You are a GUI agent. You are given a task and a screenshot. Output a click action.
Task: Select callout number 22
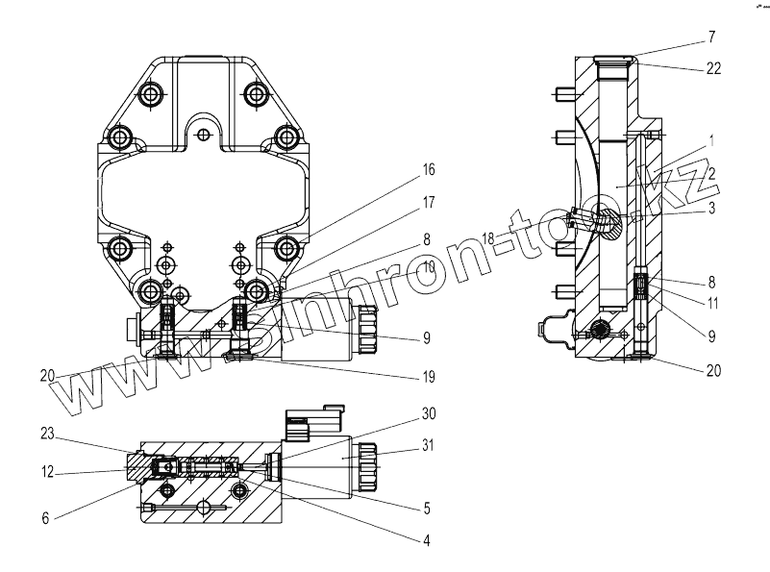[x=712, y=68]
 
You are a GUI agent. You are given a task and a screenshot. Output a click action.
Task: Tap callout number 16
[x=427, y=169]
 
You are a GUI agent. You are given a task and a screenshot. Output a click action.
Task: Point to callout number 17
[x=427, y=204]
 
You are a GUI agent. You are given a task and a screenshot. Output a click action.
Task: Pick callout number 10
[x=427, y=266]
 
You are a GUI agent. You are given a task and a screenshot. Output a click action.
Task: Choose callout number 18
[x=487, y=237]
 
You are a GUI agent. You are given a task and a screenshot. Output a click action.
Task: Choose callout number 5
[x=427, y=508]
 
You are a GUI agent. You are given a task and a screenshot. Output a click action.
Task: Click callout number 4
[x=427, y=541]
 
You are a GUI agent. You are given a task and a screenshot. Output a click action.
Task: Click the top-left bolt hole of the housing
[x=151, y=94]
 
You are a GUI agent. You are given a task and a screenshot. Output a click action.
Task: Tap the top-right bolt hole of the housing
[x=256, y=94]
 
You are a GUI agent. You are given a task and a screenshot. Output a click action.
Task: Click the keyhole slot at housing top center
[x=202, y=128]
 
